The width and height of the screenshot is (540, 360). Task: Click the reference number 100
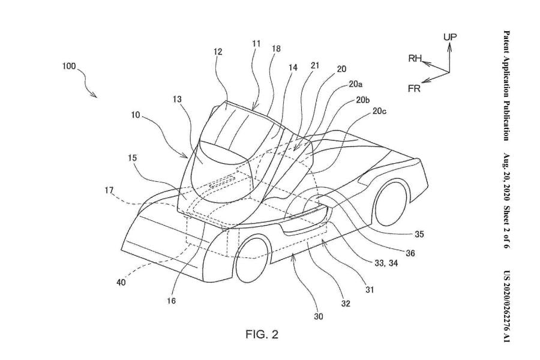click(x=69, y=66)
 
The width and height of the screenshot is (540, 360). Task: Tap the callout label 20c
click(x=379, y=111)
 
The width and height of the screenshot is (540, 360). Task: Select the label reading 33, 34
click(x=386, y=263)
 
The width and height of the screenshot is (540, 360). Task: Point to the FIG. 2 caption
click(x=262, y=334)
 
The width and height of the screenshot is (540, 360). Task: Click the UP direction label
click(x=450, y=37)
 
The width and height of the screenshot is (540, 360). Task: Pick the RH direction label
click(x=415, y=58)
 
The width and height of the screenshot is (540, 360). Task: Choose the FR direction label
click(x=414, y=89)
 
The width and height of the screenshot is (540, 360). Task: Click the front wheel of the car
click(x=252, y=257)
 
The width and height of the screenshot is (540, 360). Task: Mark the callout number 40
click(x=121, y=283)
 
